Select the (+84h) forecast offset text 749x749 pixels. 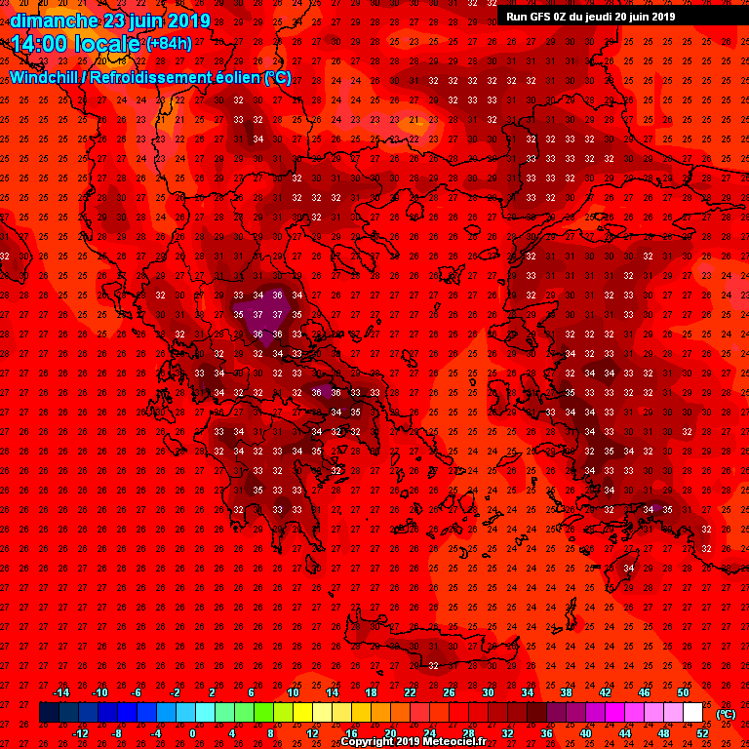(x=169, y=43)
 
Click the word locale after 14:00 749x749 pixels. (x=106, y=44)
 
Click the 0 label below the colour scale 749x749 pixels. (x=192, y=733)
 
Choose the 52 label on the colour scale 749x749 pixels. (x=704, y=733)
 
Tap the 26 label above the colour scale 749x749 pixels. (x=450, y=692)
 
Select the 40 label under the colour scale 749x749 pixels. (x=587, y=733)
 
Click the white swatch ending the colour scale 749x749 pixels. (x=692, y=713)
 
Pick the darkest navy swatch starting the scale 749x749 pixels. (x=49, y=713)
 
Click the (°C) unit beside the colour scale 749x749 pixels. (x=726, y=714)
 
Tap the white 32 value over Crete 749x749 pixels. (x=433, y=665)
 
